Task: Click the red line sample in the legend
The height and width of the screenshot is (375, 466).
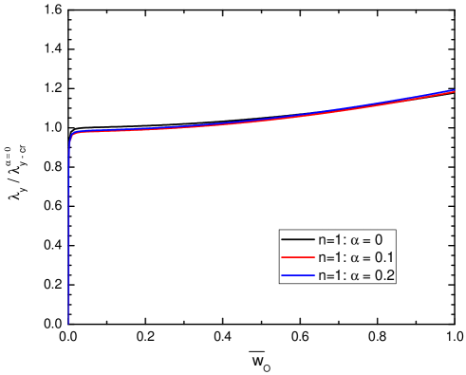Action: coord(296,257)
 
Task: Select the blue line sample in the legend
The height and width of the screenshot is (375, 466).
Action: coord(296,274)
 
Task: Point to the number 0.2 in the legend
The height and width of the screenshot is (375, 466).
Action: coord(384,274)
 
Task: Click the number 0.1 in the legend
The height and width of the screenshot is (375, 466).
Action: coord(384,257)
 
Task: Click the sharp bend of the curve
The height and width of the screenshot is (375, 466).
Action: coord(73,135)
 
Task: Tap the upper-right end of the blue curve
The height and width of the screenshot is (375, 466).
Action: coord(455,91)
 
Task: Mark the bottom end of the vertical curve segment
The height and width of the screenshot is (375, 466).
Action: coord(69,324)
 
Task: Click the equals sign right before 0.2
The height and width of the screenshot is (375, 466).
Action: coord(365,275)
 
